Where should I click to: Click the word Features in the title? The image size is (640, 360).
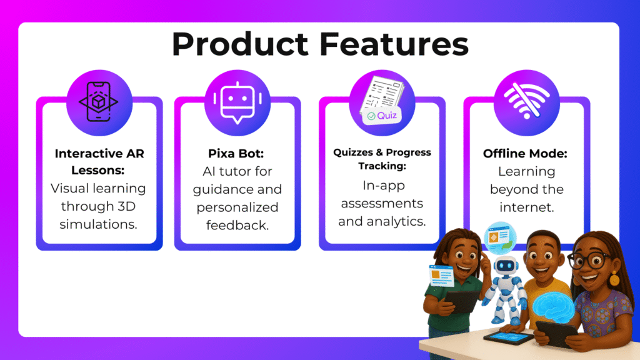(394, 44)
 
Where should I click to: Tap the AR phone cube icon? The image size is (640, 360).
(99, 102)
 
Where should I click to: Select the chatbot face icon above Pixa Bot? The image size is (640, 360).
(237, 102)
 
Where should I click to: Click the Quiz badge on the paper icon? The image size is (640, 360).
(382, 116)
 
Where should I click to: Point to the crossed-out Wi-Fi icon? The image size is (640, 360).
(526, 101)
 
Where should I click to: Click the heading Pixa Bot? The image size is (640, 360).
(236, 154)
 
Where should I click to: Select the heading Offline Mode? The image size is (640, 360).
(525, 154)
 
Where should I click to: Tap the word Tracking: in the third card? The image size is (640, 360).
(382, 166)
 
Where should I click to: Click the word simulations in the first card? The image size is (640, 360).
(98, 224)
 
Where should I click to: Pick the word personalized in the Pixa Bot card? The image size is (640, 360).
(237, 207)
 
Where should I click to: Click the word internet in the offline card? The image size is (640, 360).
(526, 207)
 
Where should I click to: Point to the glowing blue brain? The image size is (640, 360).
(554, 308)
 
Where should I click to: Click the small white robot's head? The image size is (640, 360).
(506, 266)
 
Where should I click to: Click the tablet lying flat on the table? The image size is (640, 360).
(508, 337)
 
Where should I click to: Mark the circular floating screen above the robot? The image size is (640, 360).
(500, 237)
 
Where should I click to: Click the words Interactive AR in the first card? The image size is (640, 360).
(99, 154)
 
